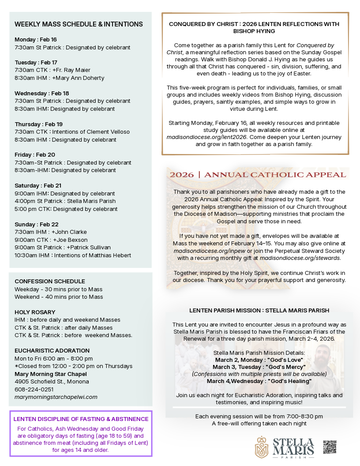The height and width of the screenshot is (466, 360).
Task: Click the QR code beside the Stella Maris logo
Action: tap(330, 447)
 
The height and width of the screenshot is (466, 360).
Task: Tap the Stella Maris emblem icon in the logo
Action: tap(262, 447)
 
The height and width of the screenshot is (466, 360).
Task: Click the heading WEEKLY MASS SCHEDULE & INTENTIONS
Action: tap(79, 24)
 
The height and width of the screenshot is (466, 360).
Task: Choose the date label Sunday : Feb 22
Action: tap(37, 224)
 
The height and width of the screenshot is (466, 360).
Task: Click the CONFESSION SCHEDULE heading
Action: tap(50, 281)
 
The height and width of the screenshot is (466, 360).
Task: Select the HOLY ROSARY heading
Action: tap(35, 312)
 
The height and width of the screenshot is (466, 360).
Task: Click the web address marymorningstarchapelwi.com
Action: tap(56, 397)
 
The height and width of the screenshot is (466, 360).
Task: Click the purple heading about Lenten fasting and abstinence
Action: tap(81, 419)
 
